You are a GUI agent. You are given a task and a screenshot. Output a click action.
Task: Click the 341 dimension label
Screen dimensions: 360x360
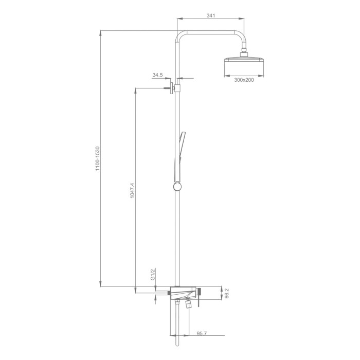click(x=210, y=15)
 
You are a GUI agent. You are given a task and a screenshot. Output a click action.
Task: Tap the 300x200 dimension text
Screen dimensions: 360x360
click(x=244, y=80)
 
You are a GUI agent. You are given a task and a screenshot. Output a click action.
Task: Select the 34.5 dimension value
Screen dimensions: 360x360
click(x=157, y=75)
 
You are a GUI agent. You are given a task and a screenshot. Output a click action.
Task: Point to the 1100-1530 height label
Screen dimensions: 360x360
click(x=98, y=158)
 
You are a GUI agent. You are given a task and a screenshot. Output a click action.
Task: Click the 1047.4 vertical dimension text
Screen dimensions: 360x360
click(x=132, y=191)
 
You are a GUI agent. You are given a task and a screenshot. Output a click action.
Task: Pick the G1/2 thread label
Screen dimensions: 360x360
click(x=153, y=274)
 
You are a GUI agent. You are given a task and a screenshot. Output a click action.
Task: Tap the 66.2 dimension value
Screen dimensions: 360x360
click(x=227, y=293)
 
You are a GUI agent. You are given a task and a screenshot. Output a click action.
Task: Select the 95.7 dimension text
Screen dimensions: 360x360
click(x=202, y=334)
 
